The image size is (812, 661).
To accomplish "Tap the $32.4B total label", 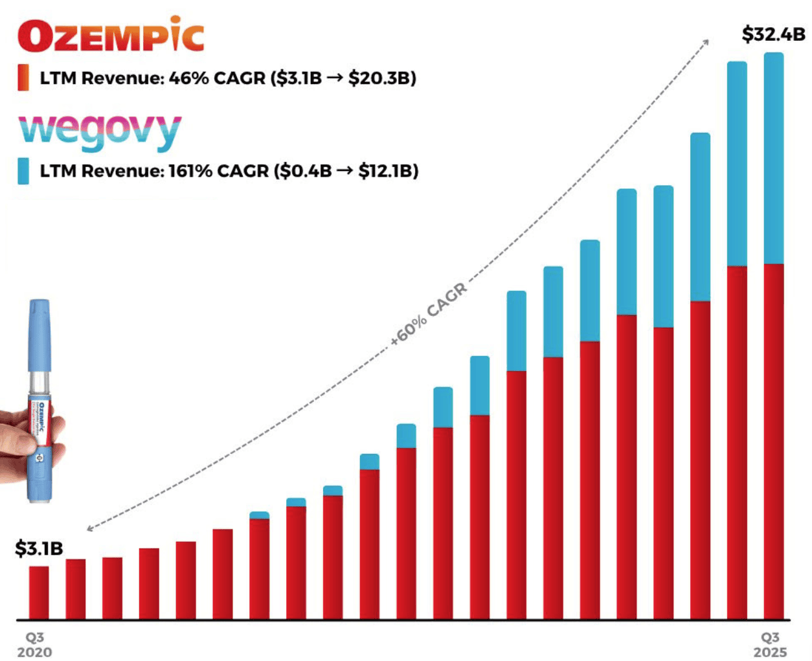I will (773, 34).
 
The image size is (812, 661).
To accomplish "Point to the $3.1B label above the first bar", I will (39, 548).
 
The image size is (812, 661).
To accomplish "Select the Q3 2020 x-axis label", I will (34, 645).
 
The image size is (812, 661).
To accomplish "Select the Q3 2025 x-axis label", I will (770, 645).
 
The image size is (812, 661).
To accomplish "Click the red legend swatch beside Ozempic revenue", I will (23, 78).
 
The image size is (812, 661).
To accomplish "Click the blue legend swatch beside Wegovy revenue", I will (23, 171).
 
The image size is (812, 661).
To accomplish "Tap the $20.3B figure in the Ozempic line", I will (382, 78).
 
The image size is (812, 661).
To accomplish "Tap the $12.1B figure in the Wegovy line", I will (389, 171).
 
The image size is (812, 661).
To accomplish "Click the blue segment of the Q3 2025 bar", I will (774, 158).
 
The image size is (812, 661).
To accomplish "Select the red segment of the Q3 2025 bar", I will (774, 440).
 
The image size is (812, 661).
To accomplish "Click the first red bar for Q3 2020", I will (39, 592).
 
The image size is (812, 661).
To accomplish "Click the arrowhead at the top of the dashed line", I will (706, 41).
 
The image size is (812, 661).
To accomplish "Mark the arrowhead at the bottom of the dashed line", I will (89, 529).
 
